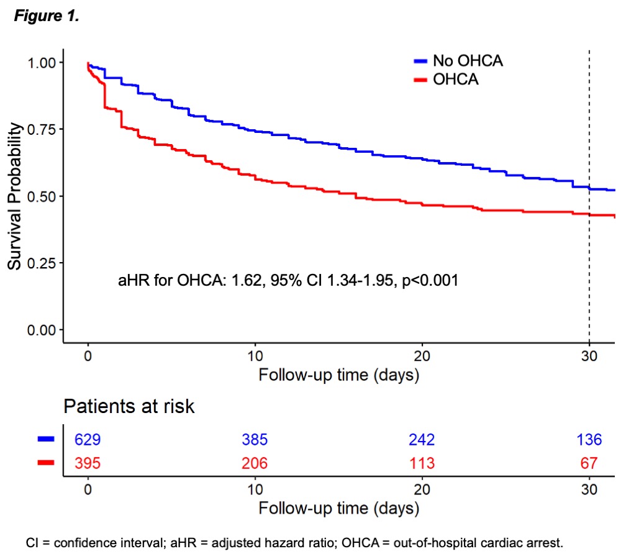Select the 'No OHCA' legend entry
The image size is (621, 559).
pos(467,61)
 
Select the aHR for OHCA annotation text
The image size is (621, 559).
pos(288,280)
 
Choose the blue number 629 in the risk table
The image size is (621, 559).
pos(88,440)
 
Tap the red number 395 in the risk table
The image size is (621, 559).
pos(88,463)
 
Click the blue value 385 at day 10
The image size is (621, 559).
pos(255,440)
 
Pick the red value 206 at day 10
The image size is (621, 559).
pos(255,463)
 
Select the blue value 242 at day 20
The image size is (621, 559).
pos(422,440)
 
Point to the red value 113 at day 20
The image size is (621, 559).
pos(422,463)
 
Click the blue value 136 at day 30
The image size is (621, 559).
pos(589,440)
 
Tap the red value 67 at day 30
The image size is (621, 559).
pos(589,463)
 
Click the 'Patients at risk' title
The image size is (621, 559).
pos(129,407)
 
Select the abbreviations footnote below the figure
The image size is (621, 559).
pos(294,542)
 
